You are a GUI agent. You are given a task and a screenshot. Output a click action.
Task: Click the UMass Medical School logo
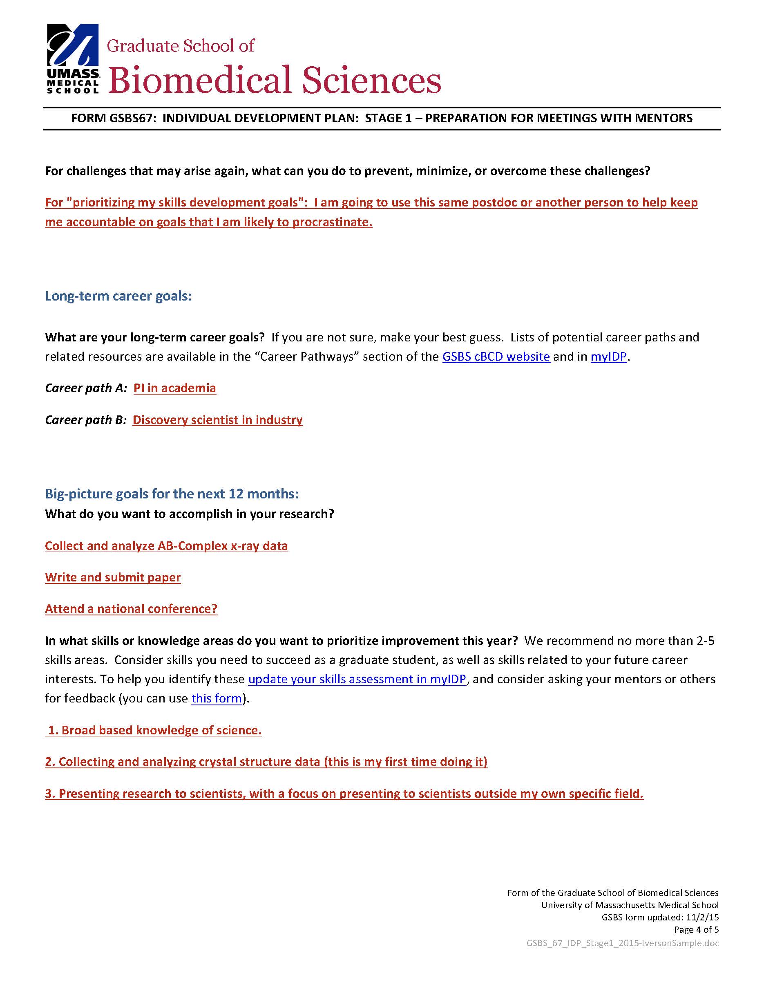click(x=73, y=58)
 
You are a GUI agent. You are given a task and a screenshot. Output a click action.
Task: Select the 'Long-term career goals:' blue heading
click(x=118, y=296)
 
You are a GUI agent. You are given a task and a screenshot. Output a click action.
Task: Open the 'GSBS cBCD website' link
click(x=496, y=356)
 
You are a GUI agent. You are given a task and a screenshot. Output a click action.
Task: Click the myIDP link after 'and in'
click(x=608, y=356)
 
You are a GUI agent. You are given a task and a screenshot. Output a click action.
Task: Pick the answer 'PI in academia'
click(x=175, y=388)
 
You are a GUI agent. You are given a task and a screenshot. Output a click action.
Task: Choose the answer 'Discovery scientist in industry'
click(x=217, y=420)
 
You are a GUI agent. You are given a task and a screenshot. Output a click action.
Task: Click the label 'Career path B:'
click(x=86, y=420)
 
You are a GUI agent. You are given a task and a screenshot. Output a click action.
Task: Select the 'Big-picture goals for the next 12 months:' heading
click(x=172, y=494)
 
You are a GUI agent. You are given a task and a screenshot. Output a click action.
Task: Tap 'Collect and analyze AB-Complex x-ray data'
click(x=166, y=546)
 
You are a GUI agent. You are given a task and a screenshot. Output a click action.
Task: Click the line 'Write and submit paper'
click(x=113, y=577)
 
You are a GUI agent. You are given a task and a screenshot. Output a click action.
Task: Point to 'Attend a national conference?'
click(x=131, y=609)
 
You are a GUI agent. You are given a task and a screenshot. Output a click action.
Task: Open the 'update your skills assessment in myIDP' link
click(x=357, y=679)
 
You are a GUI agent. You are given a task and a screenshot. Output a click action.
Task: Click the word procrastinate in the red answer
click(x=332, y=222)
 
